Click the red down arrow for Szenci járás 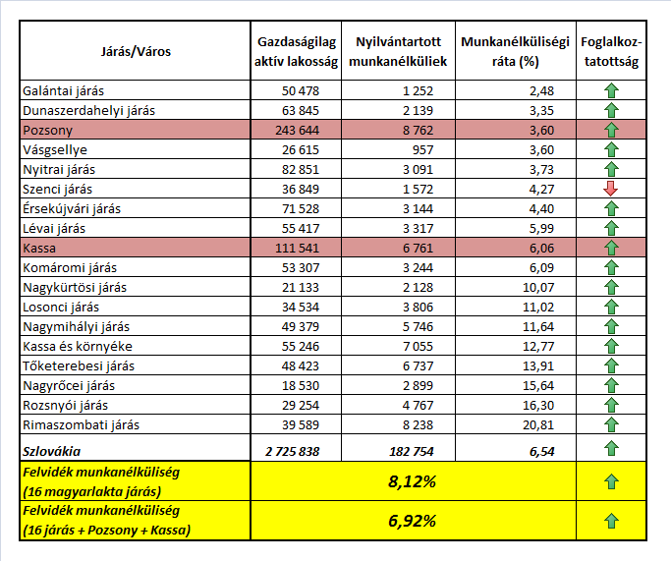pos(612,189)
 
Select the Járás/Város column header pos(136,51)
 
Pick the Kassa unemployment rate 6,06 pos(554,248)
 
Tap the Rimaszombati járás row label pos(81,424)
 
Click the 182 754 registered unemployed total pos(418,450)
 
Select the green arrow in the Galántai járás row pos(612,90)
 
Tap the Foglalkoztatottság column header pos(611,51)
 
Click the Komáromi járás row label pos(67,267)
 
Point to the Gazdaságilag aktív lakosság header pos(297,51)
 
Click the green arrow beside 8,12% pos(612,482)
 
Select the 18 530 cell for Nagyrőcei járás pos(317,385)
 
